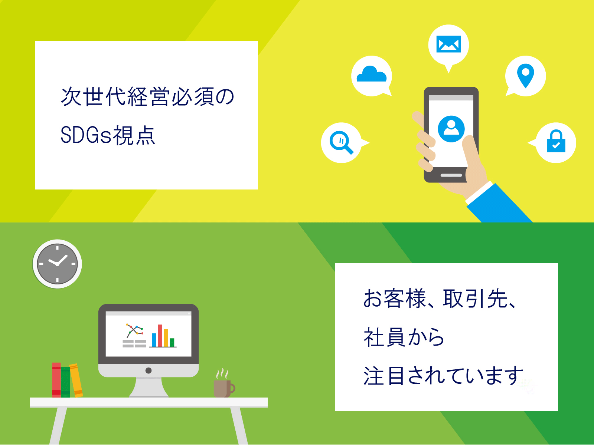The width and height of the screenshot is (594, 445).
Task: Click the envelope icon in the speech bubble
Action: [448, 44]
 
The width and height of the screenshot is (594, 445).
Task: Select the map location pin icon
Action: [526, 76]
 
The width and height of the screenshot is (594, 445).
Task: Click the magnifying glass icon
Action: [341, 142]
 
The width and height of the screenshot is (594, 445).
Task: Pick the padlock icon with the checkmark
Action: [556, 141]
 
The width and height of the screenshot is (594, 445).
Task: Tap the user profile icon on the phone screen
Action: [451, 129]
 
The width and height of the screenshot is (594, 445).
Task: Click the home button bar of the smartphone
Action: [451, 175]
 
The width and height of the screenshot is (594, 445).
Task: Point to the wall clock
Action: [57, 264]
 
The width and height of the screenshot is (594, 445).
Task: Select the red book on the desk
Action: [56, 380]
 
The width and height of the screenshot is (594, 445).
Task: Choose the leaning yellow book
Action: [76, 380]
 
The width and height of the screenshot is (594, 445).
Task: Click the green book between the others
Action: [65, 382]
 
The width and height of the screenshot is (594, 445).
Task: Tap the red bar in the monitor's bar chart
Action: [160, 336]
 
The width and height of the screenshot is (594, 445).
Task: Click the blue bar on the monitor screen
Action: [154, 340]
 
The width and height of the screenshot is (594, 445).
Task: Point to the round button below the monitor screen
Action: [148, 370]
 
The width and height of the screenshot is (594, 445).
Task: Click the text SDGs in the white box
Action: [86, 135]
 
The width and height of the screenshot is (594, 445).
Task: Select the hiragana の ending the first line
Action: [225, 97]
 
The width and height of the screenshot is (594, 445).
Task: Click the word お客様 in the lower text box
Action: [395, 299]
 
